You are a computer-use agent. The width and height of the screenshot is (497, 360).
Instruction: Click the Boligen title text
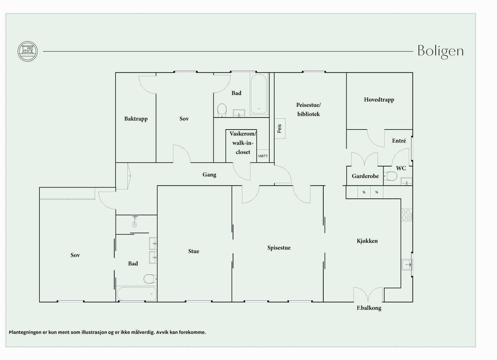tap(441, 52)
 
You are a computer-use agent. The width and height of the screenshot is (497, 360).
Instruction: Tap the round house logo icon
tap(28, 51)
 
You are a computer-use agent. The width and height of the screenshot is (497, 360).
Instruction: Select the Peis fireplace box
tap(280, 128)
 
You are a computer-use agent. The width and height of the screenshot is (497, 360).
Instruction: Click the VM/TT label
tap(263, 156)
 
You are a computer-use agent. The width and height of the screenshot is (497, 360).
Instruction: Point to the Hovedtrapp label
tap(379, 100)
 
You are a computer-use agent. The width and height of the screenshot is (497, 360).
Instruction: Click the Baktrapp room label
tap(136, 119)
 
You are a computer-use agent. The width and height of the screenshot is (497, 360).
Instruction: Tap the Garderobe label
tap(365, 176)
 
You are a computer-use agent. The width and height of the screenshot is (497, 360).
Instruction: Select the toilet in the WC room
tap(391, 176)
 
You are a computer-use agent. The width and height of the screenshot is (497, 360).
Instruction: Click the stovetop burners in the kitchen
tap(407, 215)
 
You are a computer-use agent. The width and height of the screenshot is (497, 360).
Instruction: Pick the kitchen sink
tap(407, 265)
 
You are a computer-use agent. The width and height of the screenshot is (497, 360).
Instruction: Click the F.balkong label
tap(369, 308)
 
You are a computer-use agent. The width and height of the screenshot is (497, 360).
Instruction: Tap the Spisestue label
tap(279, 248)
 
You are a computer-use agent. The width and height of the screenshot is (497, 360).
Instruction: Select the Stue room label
tap(194, 251)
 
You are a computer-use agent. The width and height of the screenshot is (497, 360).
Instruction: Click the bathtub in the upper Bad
tap(258, 93)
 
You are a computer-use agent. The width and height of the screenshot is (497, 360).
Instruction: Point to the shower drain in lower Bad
tap(135, 225)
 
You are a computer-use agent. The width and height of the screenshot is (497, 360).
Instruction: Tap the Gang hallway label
tap(209, 175)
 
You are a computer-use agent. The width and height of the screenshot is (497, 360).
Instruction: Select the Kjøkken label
tap(367, 241)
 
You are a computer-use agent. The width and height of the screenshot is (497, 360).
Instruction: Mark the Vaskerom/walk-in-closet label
tap(243, 143)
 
